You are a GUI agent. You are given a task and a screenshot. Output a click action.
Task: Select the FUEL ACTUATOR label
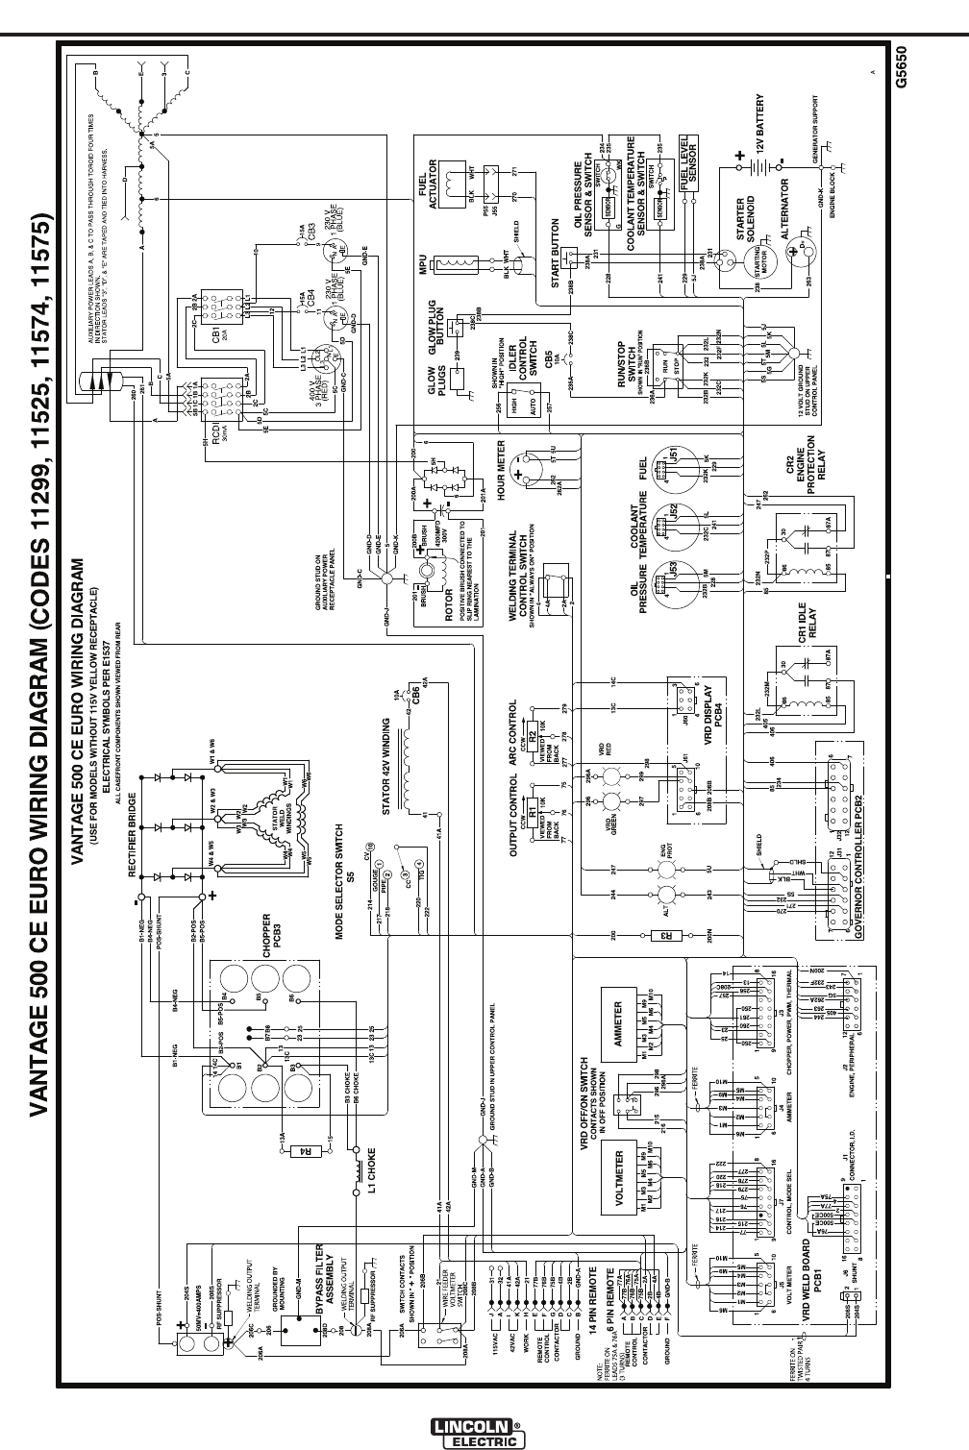[x=427, y=184]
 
